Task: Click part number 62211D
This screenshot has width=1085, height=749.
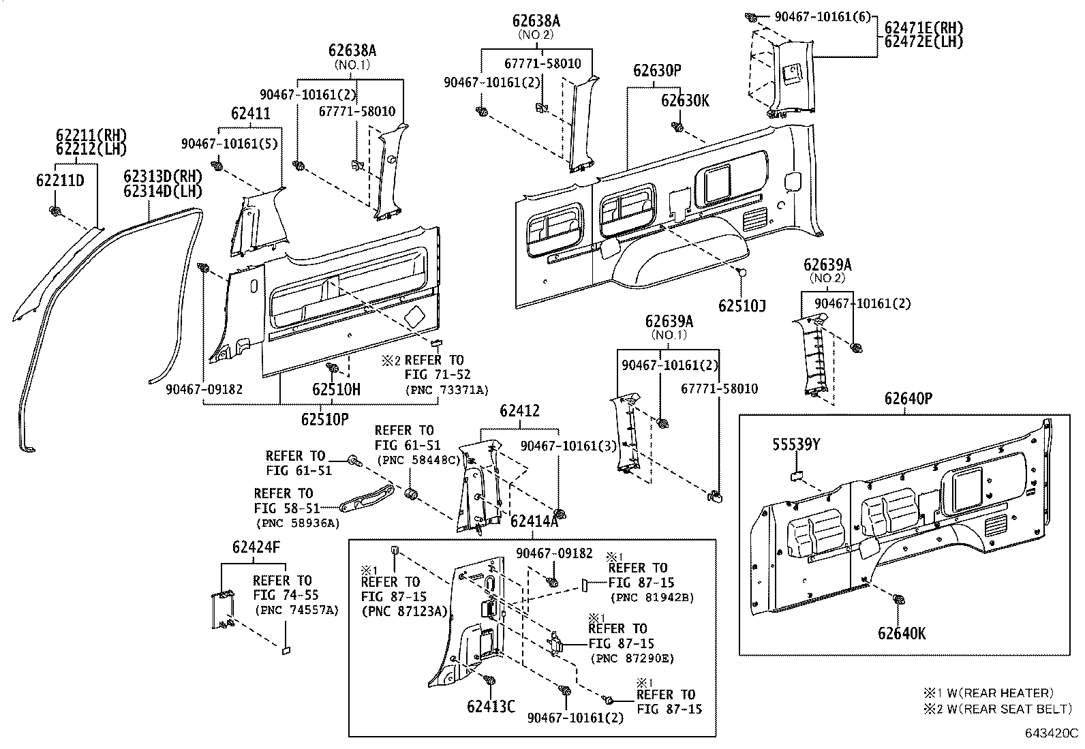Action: point(60,181)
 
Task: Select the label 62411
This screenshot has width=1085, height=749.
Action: point(250,114)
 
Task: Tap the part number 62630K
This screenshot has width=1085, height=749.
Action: point(685,101)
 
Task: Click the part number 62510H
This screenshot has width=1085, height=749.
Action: point(336,390)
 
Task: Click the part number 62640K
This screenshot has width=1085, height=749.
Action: point(902,634)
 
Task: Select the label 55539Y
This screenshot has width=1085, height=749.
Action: point(796,445)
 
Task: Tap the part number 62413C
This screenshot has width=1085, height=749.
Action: point(491,705)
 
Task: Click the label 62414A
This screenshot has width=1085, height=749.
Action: point(534,521)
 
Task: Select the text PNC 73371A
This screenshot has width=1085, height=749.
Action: point(446,389)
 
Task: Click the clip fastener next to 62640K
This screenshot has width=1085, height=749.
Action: point(898,600)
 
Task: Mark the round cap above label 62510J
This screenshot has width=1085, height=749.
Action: point(742,272)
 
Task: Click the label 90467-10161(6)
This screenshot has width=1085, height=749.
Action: point(823,16)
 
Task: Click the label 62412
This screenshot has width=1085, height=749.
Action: point(519,411)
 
